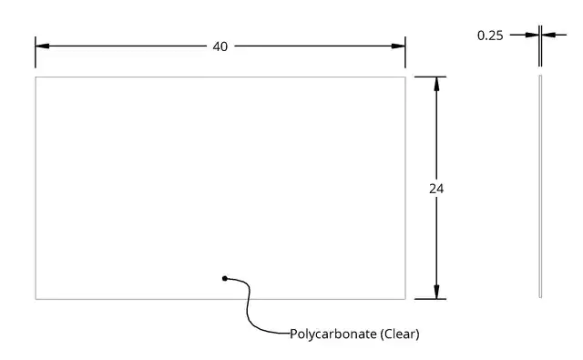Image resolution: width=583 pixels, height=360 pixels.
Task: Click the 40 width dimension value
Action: pos(220,46)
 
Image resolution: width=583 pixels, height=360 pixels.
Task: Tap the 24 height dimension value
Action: pos(436,189)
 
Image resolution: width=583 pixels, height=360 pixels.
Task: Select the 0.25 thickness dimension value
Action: pos(490,36)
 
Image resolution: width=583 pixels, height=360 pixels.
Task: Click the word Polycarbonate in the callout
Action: pos(333,334)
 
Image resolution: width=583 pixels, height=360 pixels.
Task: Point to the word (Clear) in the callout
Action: pos(400,334)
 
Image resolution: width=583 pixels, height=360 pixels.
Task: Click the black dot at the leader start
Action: pos(225,278)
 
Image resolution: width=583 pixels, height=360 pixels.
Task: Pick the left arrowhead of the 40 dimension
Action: pos(43,46)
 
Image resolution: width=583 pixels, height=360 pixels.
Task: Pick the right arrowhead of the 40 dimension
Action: pos(398,46)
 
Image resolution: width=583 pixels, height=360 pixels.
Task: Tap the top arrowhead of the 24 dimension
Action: pos(436,84)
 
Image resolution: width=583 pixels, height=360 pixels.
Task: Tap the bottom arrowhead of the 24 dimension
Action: pos(436,292)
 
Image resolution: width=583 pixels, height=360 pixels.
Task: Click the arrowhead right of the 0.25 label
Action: pos(532,35)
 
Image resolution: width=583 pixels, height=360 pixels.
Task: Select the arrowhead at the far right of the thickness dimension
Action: pos(548,35)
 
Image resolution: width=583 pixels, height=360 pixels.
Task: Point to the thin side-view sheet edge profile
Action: pos(540,186)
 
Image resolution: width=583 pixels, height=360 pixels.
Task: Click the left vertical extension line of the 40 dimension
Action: pos(36,52)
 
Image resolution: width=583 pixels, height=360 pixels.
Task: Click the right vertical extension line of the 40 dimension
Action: pos(405,52)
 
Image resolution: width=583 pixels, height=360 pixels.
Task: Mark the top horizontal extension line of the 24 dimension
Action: pos(430,77)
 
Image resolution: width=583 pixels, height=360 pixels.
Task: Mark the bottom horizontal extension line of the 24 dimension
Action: pos(430,299)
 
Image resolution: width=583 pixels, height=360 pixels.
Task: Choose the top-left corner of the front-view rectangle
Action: pos(36,77)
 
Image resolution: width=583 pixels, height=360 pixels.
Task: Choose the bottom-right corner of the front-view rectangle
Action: pos(405,299)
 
